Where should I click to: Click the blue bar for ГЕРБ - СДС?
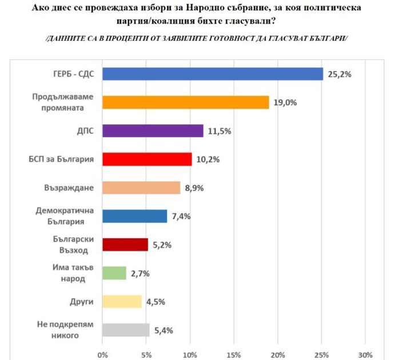point(213,74)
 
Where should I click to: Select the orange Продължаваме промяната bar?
point(185,102)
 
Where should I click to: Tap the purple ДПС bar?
point(153,131)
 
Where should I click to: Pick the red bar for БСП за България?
point(147,159)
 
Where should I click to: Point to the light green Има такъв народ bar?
point(114,273)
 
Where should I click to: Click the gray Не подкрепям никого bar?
point(126,330)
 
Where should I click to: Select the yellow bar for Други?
point(122,302)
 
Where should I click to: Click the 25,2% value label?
point(339,74)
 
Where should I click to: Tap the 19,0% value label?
point(285,102)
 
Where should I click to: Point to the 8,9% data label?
point(194,188)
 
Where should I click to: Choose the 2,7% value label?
point(140,274)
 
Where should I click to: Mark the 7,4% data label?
point(181,216)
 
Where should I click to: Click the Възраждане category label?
point(69,188)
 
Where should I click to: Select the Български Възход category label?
point(73,244)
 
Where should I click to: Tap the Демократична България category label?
point(65,216)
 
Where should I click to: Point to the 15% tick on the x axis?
point(234,355)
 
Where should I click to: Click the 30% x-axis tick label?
point(365,355)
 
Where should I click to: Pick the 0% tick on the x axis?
point(102,355)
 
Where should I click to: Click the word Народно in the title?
point(204,7)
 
